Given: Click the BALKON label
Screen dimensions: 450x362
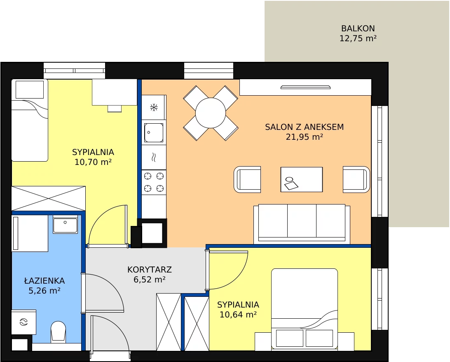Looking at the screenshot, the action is coord(358,28).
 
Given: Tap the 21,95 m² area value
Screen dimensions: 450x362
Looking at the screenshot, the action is coord(305,137).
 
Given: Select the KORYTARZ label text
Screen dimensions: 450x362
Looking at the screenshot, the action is coord(150,270).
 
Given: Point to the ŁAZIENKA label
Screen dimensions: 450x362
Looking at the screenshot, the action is coord(45,280).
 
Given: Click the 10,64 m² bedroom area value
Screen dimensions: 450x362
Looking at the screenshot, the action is coord(238,315).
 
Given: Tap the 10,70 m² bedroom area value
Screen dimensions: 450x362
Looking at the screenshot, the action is coord(93,162).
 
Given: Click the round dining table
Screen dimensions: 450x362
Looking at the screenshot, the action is coord(211,113).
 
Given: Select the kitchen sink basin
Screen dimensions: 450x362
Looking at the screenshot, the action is coord(154,133).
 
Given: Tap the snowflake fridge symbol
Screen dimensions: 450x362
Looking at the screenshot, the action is coord(154,108).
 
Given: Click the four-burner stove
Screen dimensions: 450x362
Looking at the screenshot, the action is coord(154,182).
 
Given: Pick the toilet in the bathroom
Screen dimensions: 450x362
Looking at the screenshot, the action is coord(58,332).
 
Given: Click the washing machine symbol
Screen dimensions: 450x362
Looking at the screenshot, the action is coord(23,322).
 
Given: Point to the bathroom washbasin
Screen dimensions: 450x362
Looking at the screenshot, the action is coord(66,224).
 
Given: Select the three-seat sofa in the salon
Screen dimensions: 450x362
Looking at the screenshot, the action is coord(302,224).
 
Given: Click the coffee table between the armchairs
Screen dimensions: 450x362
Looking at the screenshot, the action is coord(302,179).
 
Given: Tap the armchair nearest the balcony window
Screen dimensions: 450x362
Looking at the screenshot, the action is coord(356,179).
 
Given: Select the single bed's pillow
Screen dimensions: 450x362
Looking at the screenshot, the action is coord(30,89).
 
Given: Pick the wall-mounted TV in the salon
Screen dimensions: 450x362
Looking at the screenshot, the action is coord(305,87).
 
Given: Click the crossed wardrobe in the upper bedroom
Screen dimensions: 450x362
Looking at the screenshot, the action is coord(49,198).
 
